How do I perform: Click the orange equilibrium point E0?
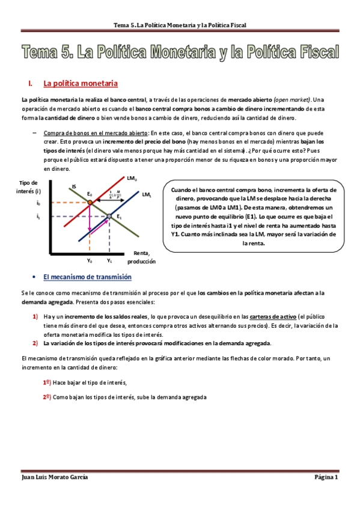click(90, 203)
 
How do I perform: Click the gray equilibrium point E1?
click(109, 216)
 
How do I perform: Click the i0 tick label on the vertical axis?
click(38, 203)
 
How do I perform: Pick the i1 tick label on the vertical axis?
click(38, 216)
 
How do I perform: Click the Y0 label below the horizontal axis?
click(90, 261)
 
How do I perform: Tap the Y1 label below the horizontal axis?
click(109, 261)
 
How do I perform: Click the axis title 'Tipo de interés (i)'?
click(29, 186)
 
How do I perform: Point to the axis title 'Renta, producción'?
click(141, 257)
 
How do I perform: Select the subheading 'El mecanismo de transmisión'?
click(88, 277)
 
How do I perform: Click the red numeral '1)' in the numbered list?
click(35, 316)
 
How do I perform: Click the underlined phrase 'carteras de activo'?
click(272, 316)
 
